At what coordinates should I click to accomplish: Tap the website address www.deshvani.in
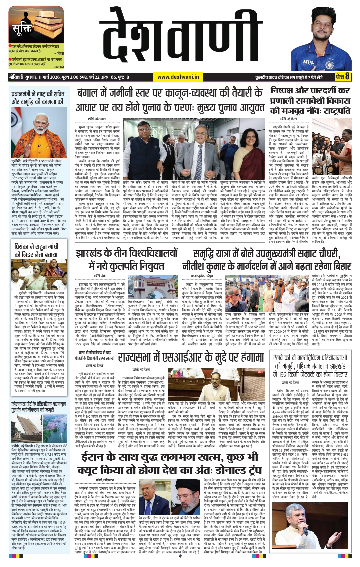178,77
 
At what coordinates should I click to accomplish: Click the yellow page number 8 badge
343,77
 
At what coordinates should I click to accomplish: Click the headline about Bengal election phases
170,100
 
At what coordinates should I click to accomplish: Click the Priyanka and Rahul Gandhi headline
36,250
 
